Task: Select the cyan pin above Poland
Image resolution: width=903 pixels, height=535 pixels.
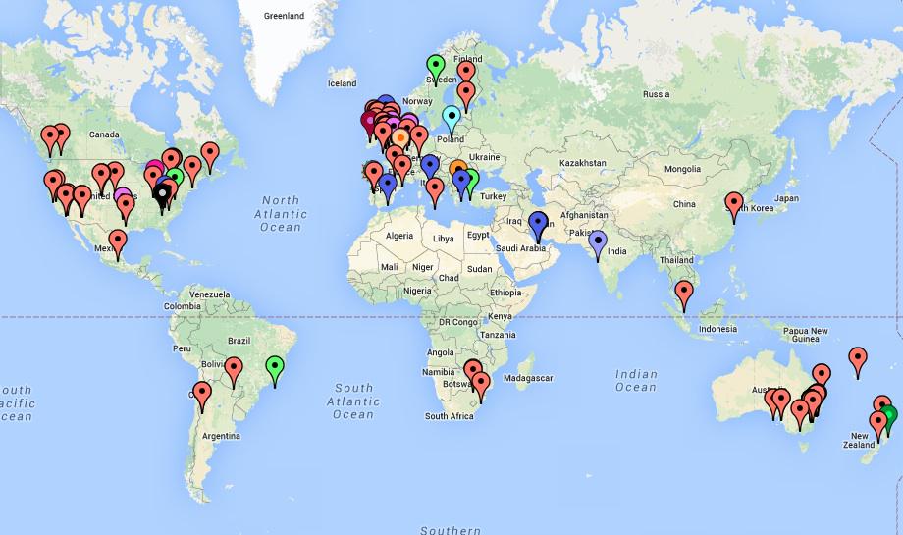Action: pos(451,118)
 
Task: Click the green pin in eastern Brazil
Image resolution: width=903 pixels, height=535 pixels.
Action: pos(276,368)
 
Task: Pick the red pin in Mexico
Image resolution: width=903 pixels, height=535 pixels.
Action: pos(118,240)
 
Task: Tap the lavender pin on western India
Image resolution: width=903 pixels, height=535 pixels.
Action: pos(598,240)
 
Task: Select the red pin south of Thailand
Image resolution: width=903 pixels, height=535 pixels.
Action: pos(683,291)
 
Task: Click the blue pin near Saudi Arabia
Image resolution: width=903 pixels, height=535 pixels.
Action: pos(538,222)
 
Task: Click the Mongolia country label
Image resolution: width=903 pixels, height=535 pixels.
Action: pos(682,169)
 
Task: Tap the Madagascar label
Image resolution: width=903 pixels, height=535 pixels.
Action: pos(529,378)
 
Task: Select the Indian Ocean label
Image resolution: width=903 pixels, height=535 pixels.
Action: pos(636,380)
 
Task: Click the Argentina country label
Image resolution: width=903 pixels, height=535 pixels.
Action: pos(221,435)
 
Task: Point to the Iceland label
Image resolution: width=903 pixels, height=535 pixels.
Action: pos(343,83)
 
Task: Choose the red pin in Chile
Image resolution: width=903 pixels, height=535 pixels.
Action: pos(202,395)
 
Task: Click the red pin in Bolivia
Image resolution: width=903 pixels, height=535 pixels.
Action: pos(234,370)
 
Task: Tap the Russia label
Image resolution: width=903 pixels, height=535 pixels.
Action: pos(656,94)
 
